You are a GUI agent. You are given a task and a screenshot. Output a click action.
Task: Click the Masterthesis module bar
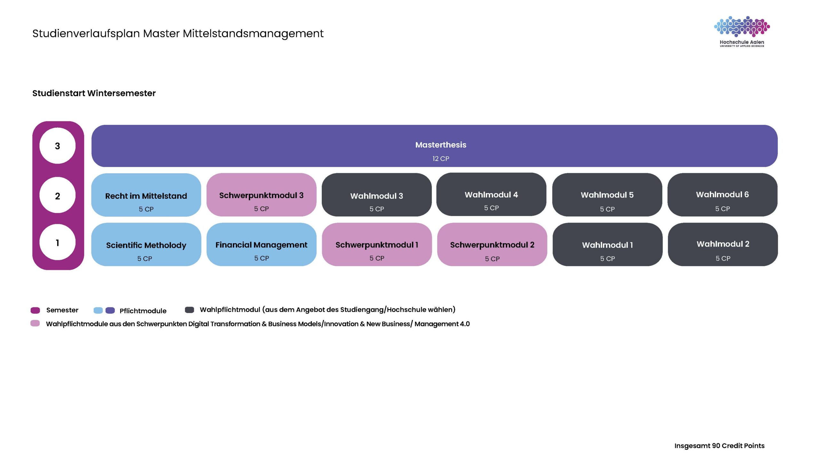click(x=434, y=146)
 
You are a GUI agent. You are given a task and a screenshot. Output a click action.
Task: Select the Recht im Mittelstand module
click(x=146, y=195)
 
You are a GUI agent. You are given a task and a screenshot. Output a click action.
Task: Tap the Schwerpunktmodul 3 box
click(x=261, y=195)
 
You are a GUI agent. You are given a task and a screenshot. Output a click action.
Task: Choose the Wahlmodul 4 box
click(x=491, y=194)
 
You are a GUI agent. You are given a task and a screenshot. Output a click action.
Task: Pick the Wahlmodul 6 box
click(x=722, y=195)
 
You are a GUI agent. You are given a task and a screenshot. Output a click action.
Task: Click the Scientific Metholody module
click(x=146, y=245)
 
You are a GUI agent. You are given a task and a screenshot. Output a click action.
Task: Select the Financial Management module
click(x=261, y=245)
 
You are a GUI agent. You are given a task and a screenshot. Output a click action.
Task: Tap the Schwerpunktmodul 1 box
click(x=377, y=245)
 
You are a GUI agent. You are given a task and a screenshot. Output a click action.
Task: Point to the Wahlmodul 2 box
click(x=723, y=245)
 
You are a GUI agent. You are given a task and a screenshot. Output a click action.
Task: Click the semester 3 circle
click(x=58, y=146)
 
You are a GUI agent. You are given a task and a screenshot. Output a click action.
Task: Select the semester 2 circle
click(x=58, y=195)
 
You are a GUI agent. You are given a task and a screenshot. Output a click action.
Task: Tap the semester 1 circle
click(x=58, y=242)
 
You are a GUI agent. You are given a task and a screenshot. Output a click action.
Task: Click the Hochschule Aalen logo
click(x=742, y=31)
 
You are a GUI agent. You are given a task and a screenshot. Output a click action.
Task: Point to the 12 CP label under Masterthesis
click(x=441, y=158)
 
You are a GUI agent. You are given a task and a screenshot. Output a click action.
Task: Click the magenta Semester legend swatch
click(x=35, y=310)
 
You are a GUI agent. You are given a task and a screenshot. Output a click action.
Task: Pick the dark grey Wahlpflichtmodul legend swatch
click(x=189, y=310)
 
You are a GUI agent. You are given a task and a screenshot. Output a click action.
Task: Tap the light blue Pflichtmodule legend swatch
click(x=98, y=310)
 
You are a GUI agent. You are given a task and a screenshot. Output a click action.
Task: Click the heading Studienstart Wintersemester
click(x=94, y=93)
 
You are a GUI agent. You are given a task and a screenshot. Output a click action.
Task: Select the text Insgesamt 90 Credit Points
click(x=720, y=446)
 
